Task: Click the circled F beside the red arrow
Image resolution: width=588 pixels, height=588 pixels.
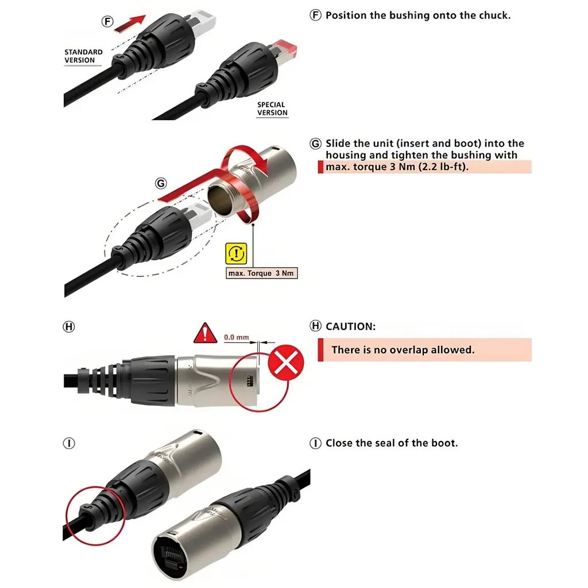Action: coord(107,21)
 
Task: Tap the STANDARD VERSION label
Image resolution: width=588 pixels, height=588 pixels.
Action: coord(83,56)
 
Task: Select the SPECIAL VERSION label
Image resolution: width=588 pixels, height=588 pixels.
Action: coord(272,109)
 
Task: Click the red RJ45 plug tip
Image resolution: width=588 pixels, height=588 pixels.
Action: coord(285,47)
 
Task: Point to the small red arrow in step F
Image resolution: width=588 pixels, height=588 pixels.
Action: coord(130,23)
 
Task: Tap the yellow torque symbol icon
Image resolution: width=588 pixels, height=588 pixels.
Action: coord(237,253)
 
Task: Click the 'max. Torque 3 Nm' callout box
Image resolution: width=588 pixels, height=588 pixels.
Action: coord(262,273)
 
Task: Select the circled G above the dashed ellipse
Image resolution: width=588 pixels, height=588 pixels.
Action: coord(161,184)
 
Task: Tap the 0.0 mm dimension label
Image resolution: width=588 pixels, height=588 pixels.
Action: coord(236,337)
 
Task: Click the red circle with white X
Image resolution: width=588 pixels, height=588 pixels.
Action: coord(287,363)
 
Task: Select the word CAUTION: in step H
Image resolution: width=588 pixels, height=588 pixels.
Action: coord(350,326)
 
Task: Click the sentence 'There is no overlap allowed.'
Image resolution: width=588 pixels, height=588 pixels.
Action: coord(403,350)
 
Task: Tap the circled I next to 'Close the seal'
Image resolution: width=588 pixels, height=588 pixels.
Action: coord(315,443)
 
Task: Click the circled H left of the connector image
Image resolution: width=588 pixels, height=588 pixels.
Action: coord(69,327)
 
